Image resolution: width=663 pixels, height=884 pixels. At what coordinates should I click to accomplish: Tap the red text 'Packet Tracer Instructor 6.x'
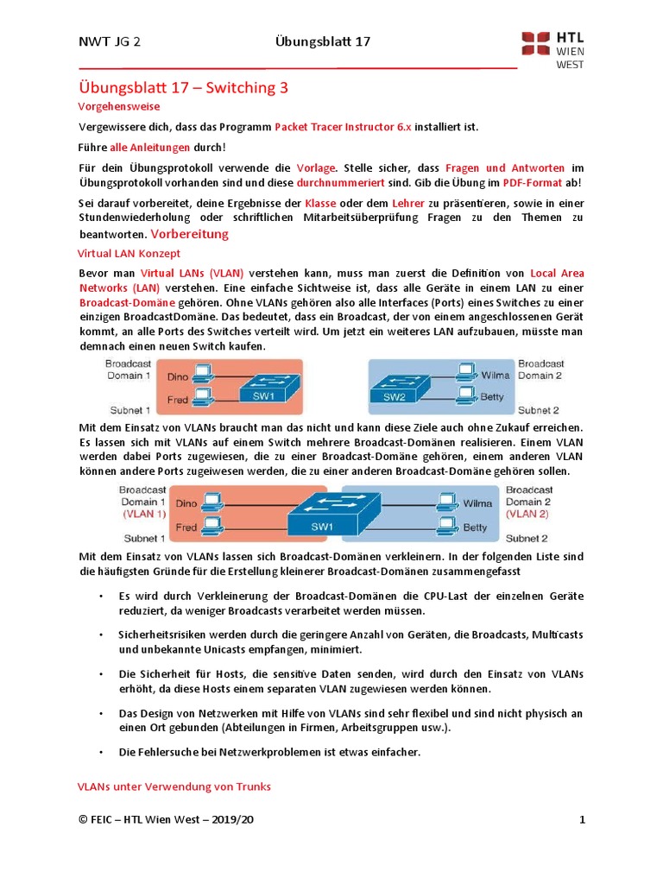tap(344, 126)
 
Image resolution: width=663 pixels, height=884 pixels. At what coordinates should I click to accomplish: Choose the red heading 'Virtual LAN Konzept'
tap(129, 254)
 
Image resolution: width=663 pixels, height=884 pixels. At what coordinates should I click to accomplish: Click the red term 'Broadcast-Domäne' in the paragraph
tap(127, 304)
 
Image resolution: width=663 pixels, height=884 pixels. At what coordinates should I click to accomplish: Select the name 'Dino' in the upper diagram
tap(178, 376)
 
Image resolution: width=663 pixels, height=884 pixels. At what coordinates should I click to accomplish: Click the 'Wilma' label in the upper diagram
tap(495, 376)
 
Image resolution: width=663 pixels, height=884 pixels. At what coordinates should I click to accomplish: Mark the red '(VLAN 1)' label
tap(143, 513)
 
